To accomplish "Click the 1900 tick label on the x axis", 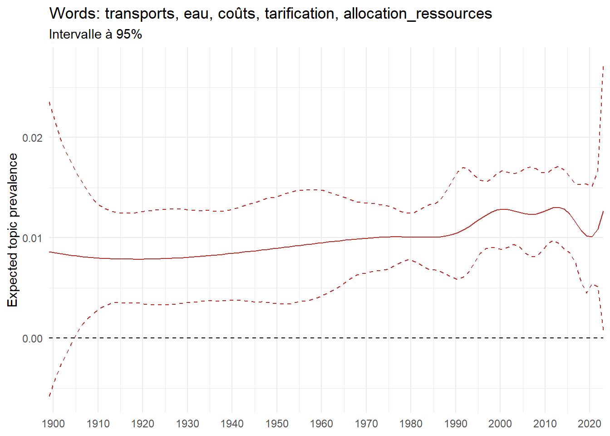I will pyautogui.click(x=53, y=424).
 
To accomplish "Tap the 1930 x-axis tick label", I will pyautogui.click(x=187, y=424).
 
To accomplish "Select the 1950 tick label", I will pyautogui.click(x=277, y=424).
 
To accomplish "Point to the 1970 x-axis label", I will pyautogui.click(x=366, y=424).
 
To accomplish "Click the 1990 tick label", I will pyautogui.click(x=456, y=424).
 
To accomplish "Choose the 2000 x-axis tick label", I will pyautogui.click(x=500, y=424).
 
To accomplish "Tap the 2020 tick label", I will pyautogui.click(x=589, y=424).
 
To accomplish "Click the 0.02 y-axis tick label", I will pyautogui.click(x=32, y=138).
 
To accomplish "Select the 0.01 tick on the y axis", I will pyautogui.click(x=32, y=238).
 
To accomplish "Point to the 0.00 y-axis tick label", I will pyautogui.click(x=32, y=338).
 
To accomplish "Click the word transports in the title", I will pyautogui.click(x=140, y=14).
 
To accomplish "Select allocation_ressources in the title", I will pyautogui.click(x=418, y=14).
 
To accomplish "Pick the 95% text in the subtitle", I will pyautogui.click(x=129, y=35).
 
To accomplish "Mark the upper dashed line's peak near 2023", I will pyautogui.click(x=603, y=66).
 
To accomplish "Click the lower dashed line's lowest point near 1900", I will pyautogui.click(x=49, y=396).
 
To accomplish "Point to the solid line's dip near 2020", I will pyautogui.click(x=590, y=237).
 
